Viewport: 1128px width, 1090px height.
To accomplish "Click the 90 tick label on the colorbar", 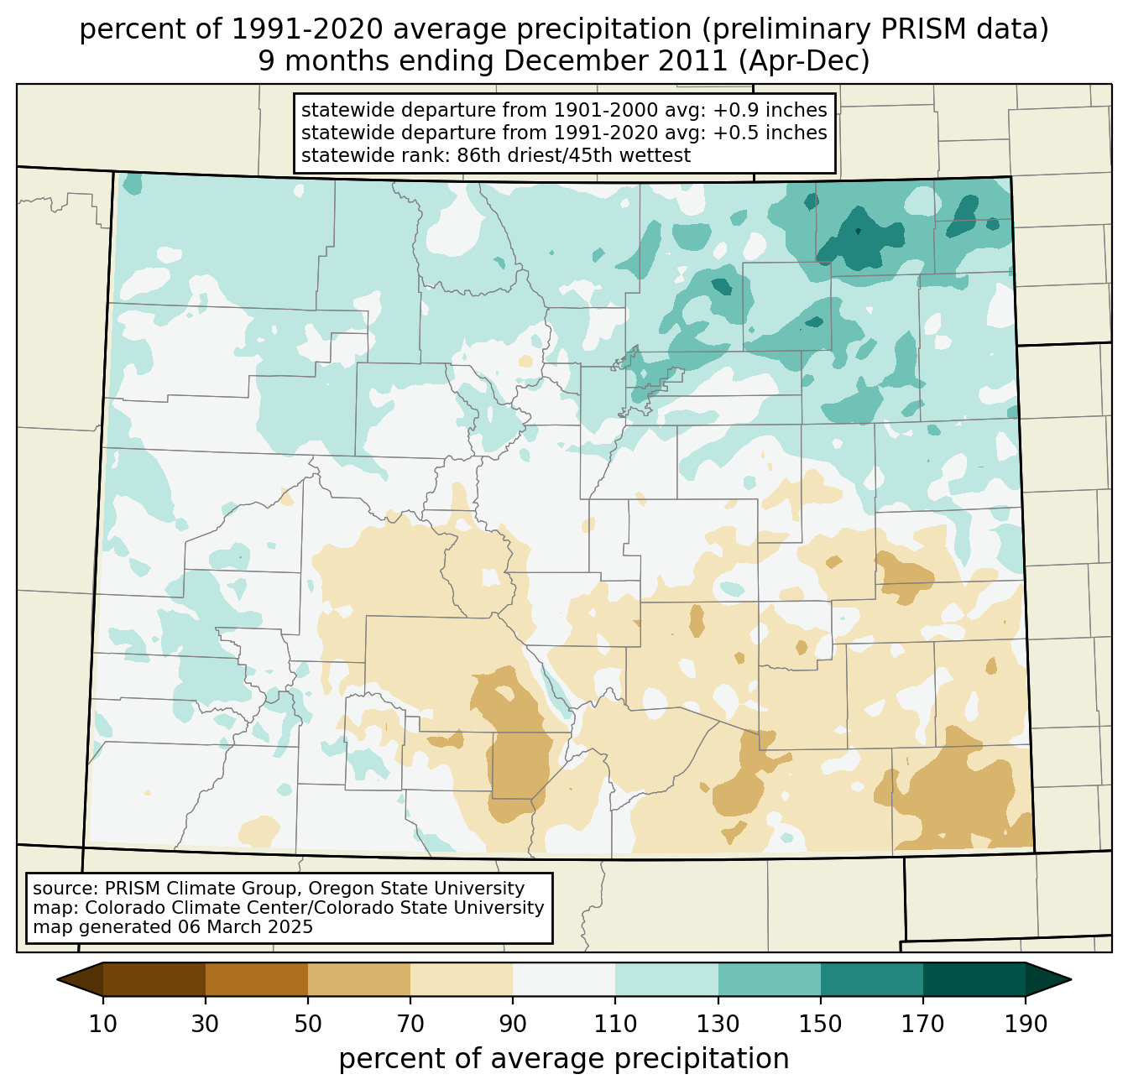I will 513,1025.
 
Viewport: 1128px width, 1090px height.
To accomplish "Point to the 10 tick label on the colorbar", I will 103,1025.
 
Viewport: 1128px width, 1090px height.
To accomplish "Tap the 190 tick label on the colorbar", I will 1025,1025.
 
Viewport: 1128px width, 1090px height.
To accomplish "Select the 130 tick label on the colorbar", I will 718,1025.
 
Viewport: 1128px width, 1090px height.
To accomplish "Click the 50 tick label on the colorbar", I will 308,1025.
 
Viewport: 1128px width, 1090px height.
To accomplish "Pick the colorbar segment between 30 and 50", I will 257,979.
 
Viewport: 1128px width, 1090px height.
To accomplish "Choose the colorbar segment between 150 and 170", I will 872,979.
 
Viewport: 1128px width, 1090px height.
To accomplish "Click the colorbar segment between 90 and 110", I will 564,979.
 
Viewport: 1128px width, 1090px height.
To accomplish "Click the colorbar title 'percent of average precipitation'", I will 564,1059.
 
